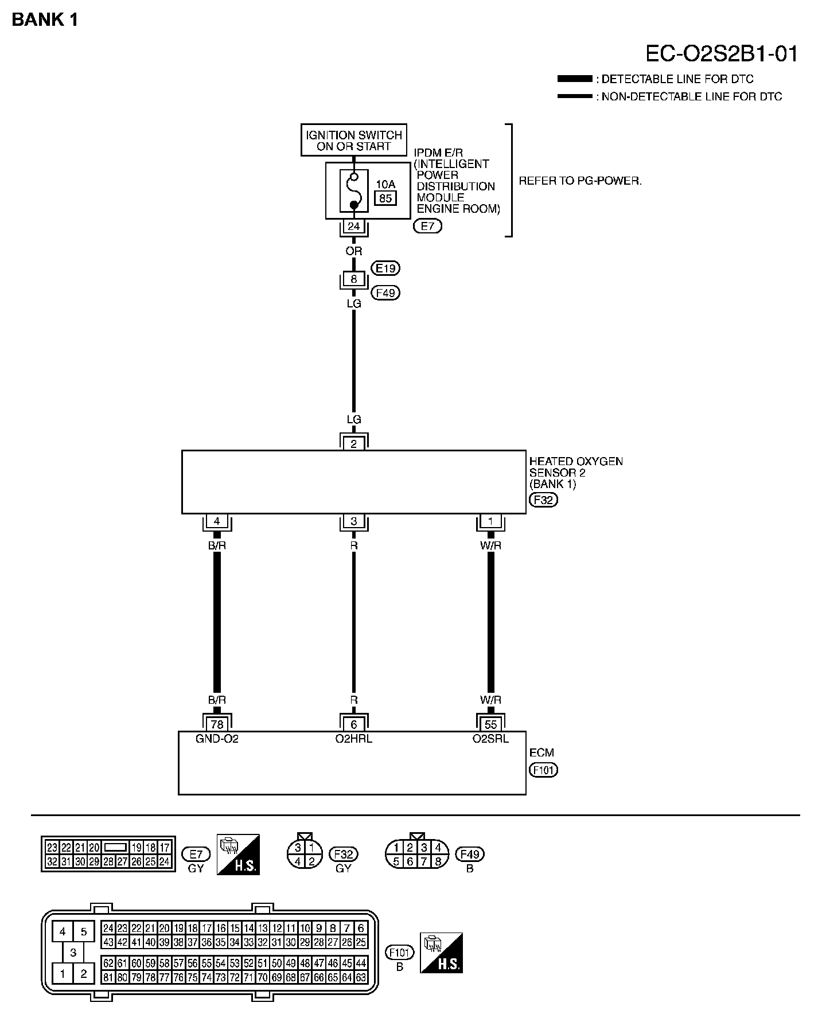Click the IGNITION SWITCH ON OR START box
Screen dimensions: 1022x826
[x=354, y=141]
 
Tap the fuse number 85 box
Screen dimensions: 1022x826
[x=385, y=198]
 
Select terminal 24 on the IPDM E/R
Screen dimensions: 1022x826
[x=354, y=227]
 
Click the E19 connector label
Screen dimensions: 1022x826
[x=386, y=268]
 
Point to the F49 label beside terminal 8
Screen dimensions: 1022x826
[x=386, y=293]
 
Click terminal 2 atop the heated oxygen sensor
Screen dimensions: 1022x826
[x=354, y=443]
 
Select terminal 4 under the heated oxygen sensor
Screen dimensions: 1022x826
[x=217, y=521]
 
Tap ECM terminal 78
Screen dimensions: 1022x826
[x=217, y=724]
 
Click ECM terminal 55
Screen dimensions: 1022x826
[x=490, y=724]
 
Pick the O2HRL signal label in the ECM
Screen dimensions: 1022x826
[x=354, y=739]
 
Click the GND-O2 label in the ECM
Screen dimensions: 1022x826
[x=217, y=739]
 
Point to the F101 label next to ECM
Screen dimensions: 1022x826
[x=543, y=770]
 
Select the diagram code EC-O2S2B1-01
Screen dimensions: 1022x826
[x=722, y=54]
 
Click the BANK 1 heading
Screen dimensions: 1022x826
[x=45, y=20]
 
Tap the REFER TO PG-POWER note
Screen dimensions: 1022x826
[x=580, y=181]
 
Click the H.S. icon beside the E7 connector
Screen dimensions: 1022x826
[x=238, y=854]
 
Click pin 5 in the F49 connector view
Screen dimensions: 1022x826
[x=396, y=861]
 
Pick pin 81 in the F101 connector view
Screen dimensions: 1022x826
[x=108, y=977]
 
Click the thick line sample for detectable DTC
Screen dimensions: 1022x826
[x=574, y=79]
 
